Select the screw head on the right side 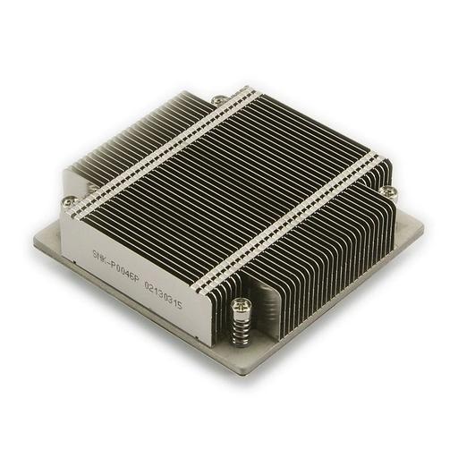(x=389, y=191)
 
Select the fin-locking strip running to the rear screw (x=165, y=148)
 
